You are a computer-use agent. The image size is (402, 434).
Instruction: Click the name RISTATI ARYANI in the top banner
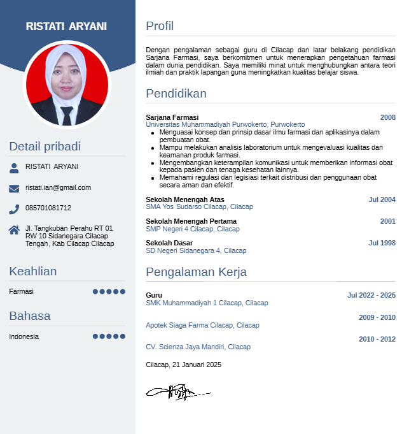66,26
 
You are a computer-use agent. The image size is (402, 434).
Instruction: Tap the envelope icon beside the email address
14,188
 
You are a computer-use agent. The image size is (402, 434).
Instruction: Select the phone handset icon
14,209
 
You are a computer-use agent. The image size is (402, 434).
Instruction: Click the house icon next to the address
14,230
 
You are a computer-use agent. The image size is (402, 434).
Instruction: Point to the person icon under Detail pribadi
14,168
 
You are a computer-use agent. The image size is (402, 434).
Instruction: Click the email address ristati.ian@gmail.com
58,187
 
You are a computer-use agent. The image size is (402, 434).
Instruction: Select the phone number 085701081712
48,208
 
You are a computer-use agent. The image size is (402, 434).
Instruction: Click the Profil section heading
160,26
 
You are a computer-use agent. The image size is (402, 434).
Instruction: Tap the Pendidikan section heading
176,94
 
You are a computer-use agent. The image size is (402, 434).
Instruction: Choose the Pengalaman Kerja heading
196,272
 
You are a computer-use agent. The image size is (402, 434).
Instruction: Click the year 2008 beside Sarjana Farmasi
387,117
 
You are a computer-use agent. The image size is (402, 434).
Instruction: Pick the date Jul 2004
382,199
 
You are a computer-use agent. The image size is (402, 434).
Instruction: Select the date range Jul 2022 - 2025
371,295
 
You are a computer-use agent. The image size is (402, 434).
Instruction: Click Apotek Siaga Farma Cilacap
202,325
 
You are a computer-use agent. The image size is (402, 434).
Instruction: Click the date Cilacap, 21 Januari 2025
183,365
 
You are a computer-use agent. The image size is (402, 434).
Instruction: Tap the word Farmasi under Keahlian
21,291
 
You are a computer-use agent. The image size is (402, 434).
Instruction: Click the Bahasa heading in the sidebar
29,316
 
